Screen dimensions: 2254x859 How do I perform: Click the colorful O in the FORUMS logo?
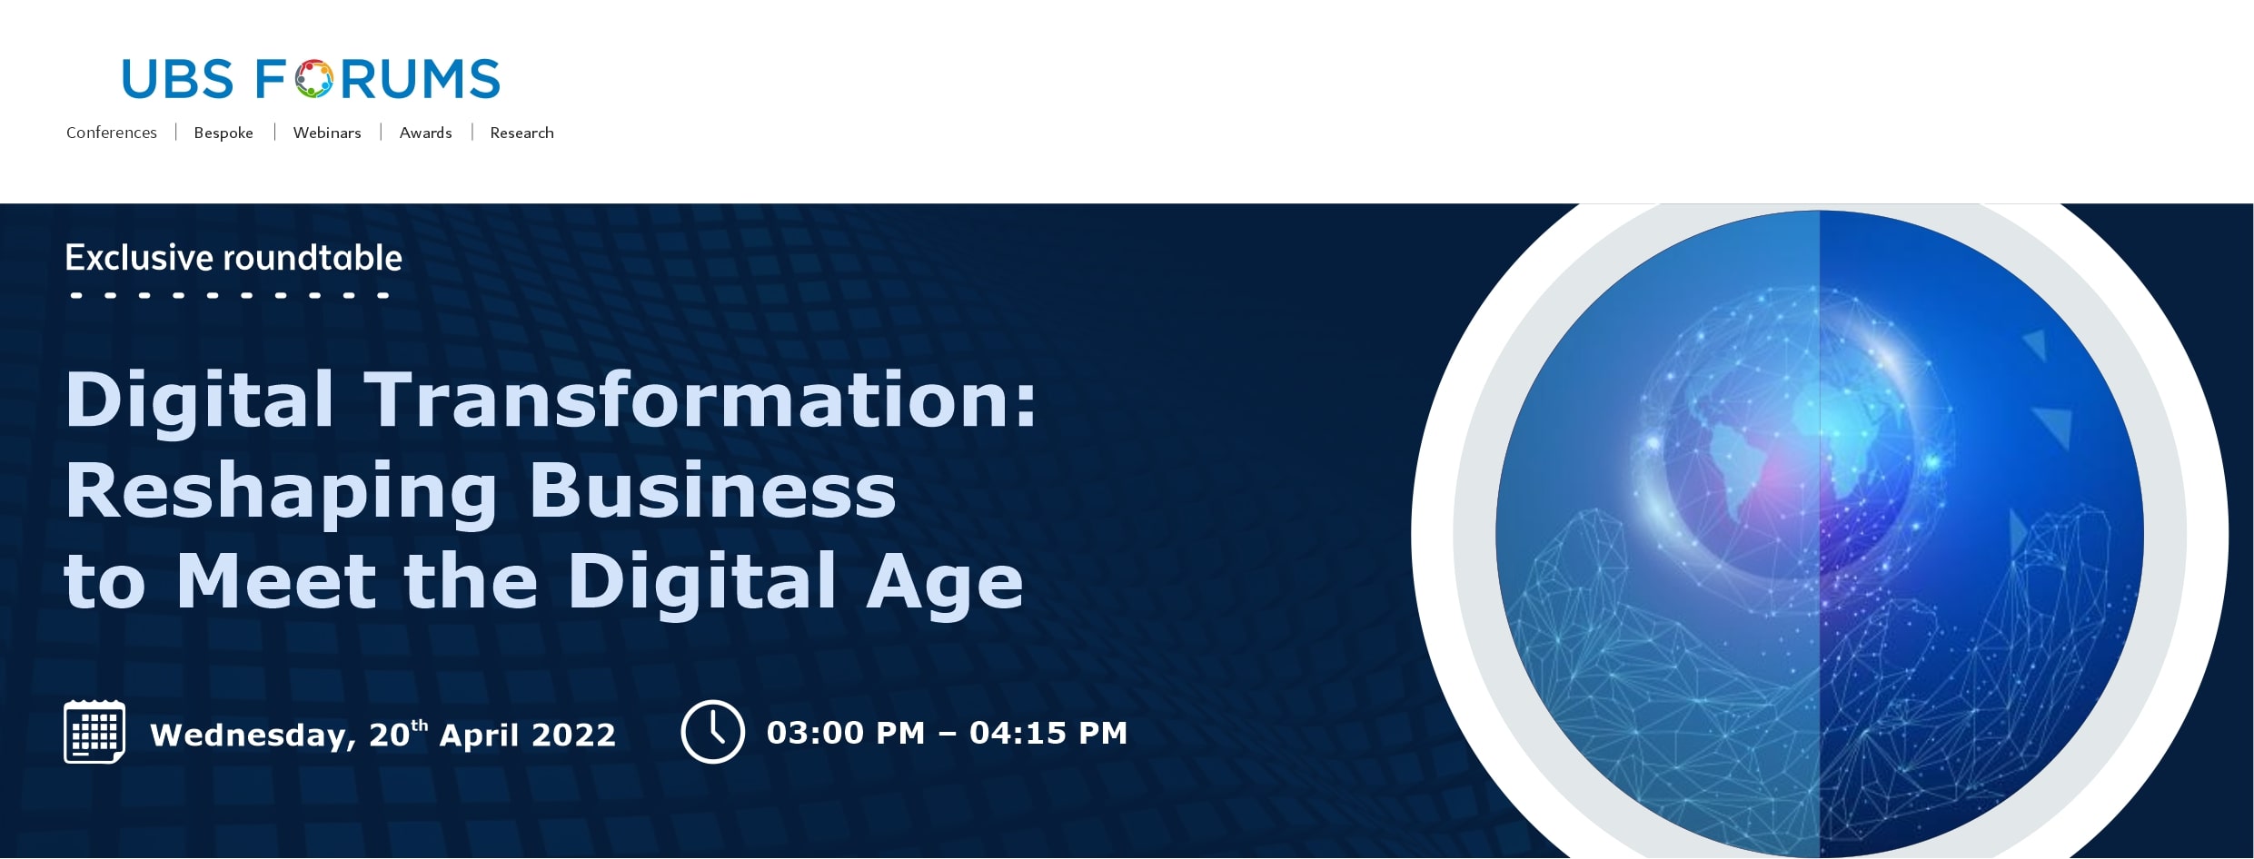tap(313, 79)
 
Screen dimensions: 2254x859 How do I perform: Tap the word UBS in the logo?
tap(178, 79)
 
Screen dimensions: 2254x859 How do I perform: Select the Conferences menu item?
tap(112, 133)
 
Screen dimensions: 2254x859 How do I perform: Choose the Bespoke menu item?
tap(223, 133)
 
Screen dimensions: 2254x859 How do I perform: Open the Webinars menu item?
tap(327, 133)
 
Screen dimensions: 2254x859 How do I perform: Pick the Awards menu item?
tap(425, 133)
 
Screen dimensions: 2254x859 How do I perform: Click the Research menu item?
tap(521, 133)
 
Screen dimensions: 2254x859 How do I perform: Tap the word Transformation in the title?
tap(700, 399)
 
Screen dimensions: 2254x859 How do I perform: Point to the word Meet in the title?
tap(275, 581)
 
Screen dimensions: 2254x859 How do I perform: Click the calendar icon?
tap(94, 732)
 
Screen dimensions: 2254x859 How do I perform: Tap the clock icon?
tap(713, 732)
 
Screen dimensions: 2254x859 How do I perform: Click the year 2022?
tap(573, 735)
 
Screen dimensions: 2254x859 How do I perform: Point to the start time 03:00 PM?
tap(846, 733)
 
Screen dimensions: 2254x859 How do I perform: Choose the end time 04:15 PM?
tap(1048, 733)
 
